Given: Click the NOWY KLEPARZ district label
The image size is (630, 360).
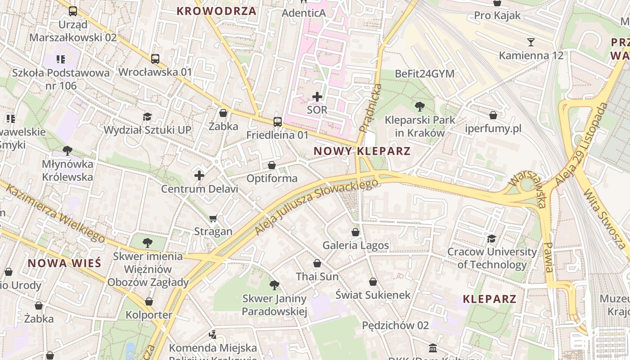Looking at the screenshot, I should pos(362,151).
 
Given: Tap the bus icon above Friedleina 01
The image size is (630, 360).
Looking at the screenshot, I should pos(278,121).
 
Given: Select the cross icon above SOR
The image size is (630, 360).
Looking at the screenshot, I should pos(317,96).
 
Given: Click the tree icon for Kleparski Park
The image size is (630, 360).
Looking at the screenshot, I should pos(420,107).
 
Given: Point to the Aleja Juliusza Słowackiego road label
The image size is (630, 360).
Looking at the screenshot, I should pos(316,207).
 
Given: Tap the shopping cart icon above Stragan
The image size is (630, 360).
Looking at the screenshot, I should pos(213,218).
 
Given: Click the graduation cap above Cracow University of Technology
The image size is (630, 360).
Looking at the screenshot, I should pos(491,238).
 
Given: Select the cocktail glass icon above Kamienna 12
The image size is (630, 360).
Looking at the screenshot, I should pos(531,42).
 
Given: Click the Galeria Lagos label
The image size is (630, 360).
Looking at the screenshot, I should pos(355,245).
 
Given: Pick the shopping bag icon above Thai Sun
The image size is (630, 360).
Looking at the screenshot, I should pos(317,263).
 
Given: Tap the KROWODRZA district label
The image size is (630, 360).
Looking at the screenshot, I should pos(216,11).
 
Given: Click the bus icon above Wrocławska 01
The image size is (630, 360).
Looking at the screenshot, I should pos(155,58).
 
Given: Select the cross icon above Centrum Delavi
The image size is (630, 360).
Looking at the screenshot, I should pos(199,175).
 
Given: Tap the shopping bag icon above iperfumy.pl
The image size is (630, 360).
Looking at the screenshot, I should pos(493,115).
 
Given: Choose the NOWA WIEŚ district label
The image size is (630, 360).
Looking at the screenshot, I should pos(64,263).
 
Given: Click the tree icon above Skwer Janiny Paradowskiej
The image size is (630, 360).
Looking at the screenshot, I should pos(274,285).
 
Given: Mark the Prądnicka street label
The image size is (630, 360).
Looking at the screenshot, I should pos(371,108).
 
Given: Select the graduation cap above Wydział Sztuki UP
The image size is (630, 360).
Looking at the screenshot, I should pos(147,117).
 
